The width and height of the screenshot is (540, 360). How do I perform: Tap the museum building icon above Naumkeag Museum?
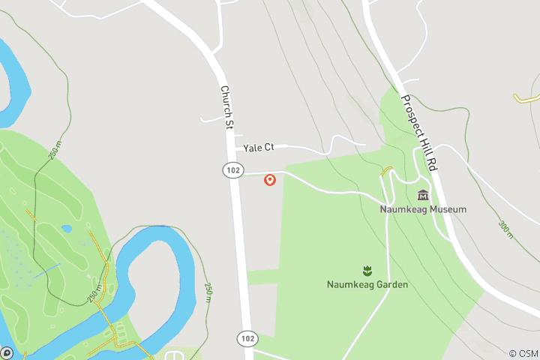[423, 195]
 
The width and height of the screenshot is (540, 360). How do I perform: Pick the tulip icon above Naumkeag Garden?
[367, 270]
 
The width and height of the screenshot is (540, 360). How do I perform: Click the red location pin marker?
[270, 180]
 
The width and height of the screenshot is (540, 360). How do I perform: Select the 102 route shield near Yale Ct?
[232, 171]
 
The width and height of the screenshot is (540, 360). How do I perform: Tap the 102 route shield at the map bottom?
[247, 339]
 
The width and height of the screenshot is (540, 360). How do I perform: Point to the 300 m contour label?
[505, 229]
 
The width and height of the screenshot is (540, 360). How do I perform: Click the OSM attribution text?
[523, 353]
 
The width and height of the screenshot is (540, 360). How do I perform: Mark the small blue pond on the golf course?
[67, 229]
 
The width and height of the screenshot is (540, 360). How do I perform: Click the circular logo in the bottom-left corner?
[7, 352]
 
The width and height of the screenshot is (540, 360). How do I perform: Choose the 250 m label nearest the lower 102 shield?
[208, 294]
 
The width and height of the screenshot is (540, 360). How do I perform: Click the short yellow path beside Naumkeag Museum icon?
[385, 172]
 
